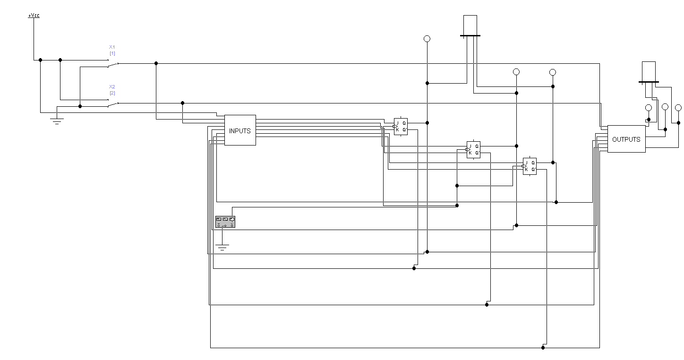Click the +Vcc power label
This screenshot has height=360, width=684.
[34, 16]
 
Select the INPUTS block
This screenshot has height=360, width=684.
[240, 130]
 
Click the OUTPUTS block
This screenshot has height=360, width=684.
[626, 139]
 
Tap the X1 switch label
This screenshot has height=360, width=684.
[112, 47]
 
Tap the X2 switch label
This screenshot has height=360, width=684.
[112, 87]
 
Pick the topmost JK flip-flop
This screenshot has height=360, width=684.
[401, 126]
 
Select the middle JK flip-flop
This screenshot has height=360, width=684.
[473, 149]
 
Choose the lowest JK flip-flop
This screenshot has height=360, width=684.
[530, 166]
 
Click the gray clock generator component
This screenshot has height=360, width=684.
[225, 222]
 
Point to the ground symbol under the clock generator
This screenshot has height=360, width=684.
[222, 247]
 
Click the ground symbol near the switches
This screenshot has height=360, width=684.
[57, 121]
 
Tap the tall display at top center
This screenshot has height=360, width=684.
[470, 25]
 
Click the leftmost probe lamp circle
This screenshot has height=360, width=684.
[427, 39]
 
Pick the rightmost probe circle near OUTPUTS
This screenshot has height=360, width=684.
[678, 108]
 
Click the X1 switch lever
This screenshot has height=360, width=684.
[112, 65]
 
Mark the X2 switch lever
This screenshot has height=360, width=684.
[112, 104]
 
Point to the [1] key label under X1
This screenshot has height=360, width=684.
[112, 53]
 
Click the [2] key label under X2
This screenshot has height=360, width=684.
[112, 93]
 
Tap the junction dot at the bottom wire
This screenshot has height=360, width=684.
[543, 348]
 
